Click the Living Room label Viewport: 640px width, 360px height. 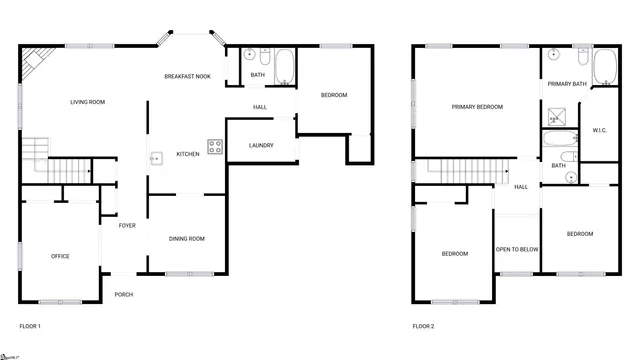(x=88, y=102)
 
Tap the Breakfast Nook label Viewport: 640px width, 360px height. (x=188, y=77)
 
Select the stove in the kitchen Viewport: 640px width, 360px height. (x=215, y=146)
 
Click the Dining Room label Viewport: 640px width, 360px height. (x=187, y=238)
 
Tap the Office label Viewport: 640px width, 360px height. (x=60, y=257)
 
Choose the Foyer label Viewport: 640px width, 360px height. (x=127, y=226)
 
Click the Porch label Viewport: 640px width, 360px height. (x=124, y=294)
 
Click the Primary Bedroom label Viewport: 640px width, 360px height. (x=477, y=106)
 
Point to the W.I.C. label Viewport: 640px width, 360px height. (x=600, y=130)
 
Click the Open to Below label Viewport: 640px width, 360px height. (x=517, y=249)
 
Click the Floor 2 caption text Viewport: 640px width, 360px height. (x=424, y=326)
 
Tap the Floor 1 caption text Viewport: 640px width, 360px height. (x=30, y=326)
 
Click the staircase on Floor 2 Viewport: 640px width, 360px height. (x=456, y=173)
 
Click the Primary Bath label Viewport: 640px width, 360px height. (x=566, y=84)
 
